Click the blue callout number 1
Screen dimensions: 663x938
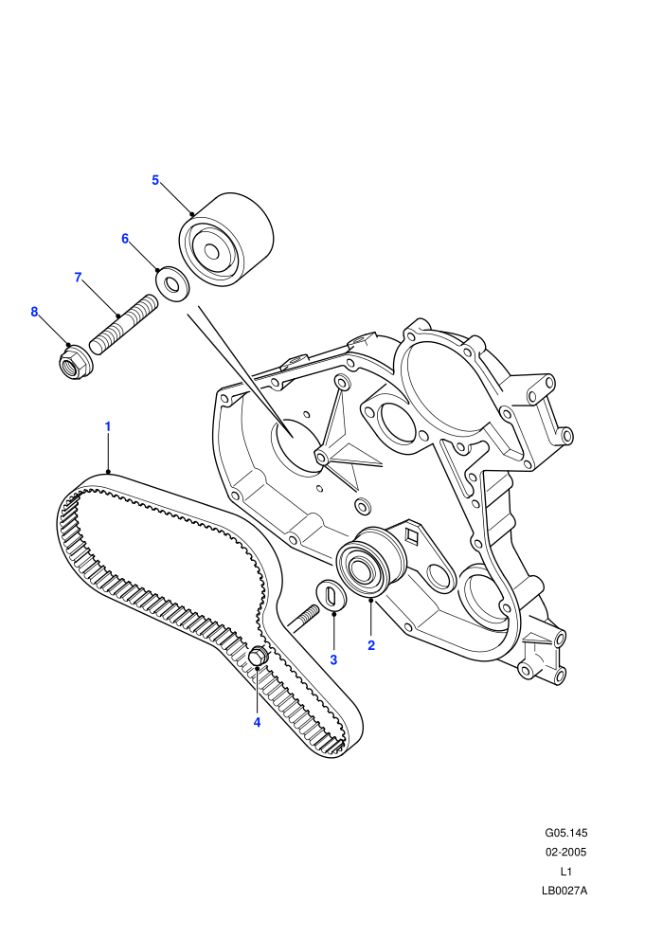click(x=108, y=426)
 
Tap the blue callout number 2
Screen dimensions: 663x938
click(x=371, y=645)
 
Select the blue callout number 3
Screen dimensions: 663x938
click(x=333, y=659)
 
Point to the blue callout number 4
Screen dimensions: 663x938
click(x=257, y=722)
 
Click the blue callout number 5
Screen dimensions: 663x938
click(x=155, y=180)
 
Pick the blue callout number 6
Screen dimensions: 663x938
click(x=125, y=239)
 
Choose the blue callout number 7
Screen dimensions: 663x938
click(x=78, y=278)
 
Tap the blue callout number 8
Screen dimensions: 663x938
click(x=34, y=312)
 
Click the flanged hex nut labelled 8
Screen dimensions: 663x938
click(x=75, y=362)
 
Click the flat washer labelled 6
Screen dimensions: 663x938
click(x=173, y=284)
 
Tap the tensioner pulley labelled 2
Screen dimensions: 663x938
click(x=370, y=562)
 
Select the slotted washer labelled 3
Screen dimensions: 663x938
click(x=331, y=596)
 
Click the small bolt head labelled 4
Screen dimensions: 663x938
click(x=258, y=656)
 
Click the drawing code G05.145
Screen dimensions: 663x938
click(x=565, y=833)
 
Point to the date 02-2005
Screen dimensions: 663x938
click(x=565, y=852)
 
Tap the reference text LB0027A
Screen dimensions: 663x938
click(x=564, y=891)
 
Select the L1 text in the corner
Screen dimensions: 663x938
click(x=565, y=872)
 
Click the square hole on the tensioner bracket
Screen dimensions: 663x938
click(x=411, y=536)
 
